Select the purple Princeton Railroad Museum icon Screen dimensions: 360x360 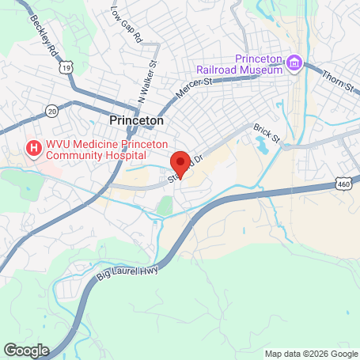click(x=294, y=62)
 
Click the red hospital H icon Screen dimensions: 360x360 click(x=34, y=147)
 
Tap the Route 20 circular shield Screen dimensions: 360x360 click(x=51, y=109)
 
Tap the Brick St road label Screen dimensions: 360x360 click(x=267, y=132)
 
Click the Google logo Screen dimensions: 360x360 click(x=26, y=350)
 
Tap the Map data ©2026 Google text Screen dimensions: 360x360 click(x=310, y=354)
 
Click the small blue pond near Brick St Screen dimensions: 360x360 click(x=262, y=146)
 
